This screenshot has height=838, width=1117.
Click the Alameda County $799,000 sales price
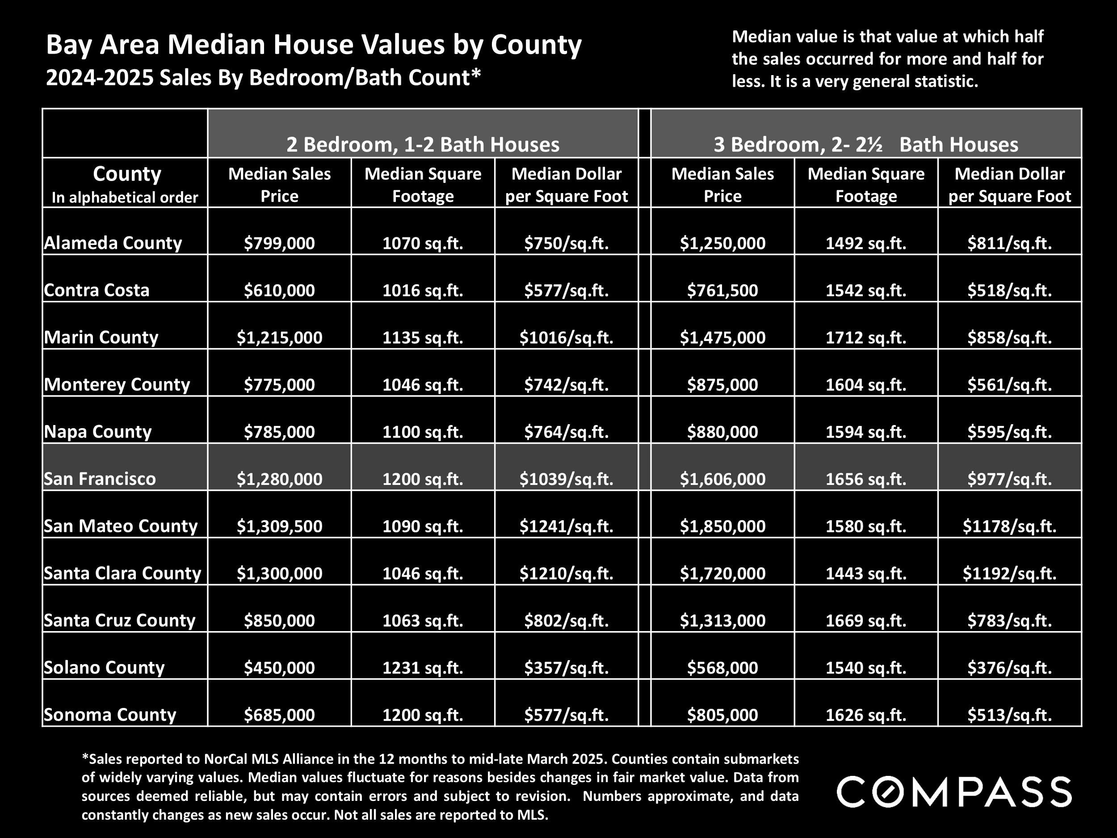[x=279, y=244]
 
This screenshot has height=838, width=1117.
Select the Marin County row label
[x=101, y=337]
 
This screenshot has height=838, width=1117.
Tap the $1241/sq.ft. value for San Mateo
[x=566, y=526]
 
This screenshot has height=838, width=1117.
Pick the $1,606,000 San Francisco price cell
[x=722, y=479]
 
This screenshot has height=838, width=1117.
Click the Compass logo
[x=954, y=792]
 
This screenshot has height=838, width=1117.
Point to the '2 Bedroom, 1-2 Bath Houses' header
[x=423, y=144]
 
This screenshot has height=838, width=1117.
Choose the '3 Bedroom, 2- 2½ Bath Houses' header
[x=865, y=144]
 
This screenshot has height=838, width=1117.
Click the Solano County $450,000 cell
[x=279, y=668]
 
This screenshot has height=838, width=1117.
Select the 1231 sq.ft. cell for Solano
[x=423, y=668]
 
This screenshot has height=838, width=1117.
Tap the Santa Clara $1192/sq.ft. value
[x=1009, y=573]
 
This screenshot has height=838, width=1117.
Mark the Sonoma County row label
[x=110, y=715]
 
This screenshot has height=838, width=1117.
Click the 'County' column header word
[x=127, y=174]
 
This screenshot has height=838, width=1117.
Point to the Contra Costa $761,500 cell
[x=722, y=291]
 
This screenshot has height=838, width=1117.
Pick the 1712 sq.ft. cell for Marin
[x=865, y=337]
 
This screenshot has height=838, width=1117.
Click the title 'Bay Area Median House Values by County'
[x=314, y=44]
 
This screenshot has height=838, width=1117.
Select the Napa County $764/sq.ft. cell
[x=566, y=432]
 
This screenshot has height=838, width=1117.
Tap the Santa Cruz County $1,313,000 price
[x=722, y=620]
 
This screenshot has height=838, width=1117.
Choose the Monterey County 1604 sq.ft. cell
[x=865, y=385]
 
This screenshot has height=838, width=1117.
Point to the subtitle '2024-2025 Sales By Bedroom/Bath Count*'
[x=263, y=78]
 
